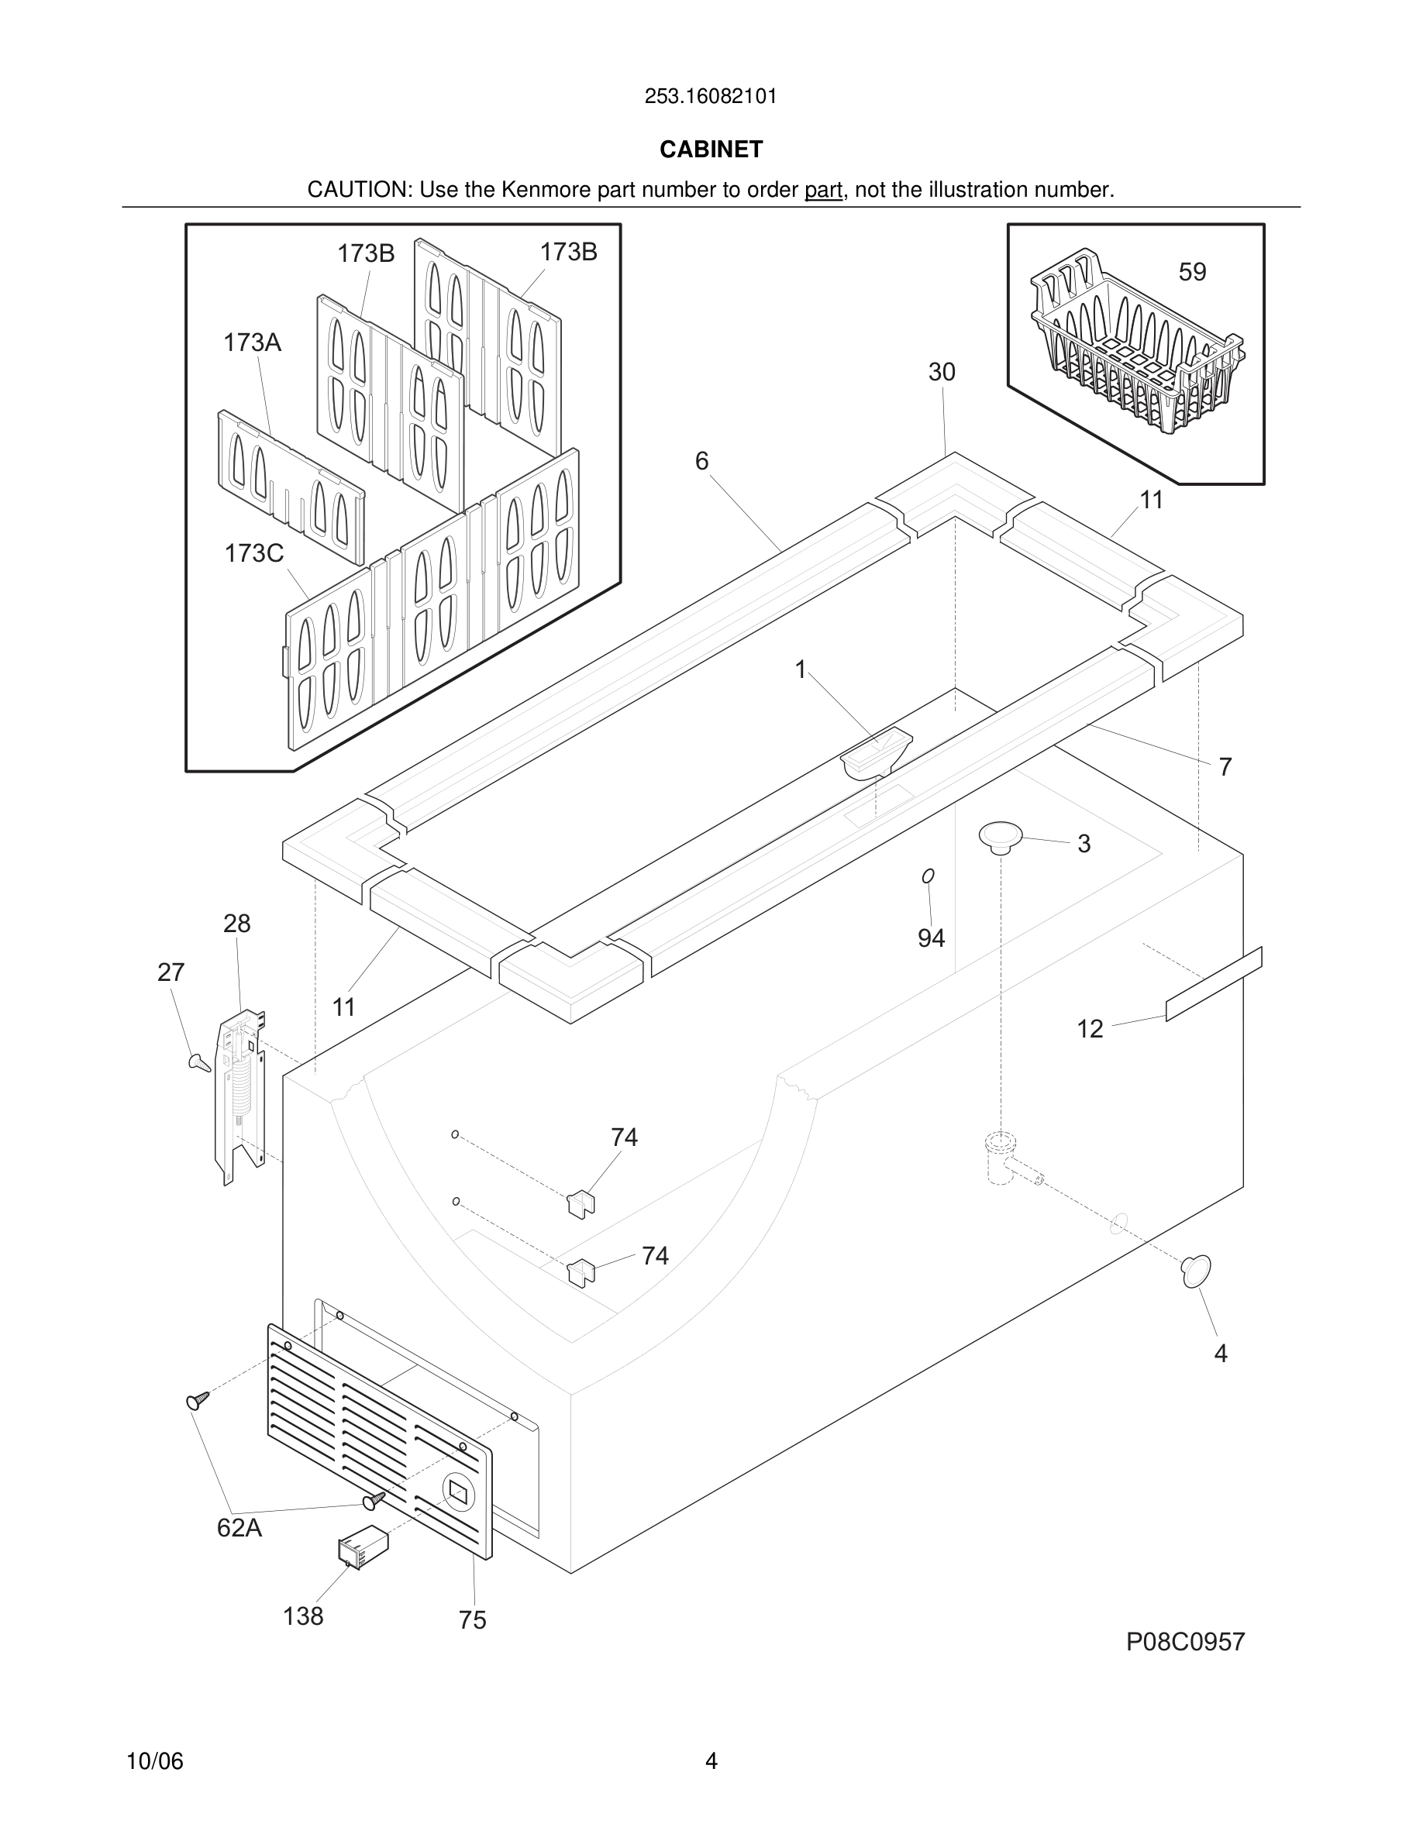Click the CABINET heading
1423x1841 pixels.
[x=711, y=150]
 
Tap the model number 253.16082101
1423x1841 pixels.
[x=711, y=97]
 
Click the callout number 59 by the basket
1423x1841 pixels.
[x=1192, y=271]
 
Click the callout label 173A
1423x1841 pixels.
[x=252, y=342]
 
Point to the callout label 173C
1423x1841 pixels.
[x=253, y=553]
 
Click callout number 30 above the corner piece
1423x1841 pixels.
[x=942, y=372]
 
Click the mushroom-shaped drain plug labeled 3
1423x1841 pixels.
[x=1001, y=837]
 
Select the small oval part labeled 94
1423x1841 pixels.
[x=929, y=876]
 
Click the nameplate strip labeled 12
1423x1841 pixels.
[x=1214, y=985]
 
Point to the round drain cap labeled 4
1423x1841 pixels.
[x=1196, y=1271]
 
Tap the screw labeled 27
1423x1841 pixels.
[x=200, y=1062]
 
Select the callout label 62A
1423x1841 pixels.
[x=239, y=1527]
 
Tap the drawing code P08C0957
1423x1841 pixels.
[x=1185, y=1642]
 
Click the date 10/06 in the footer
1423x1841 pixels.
[x=154, y=1761]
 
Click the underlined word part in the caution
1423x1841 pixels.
[x=823, y=191]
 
